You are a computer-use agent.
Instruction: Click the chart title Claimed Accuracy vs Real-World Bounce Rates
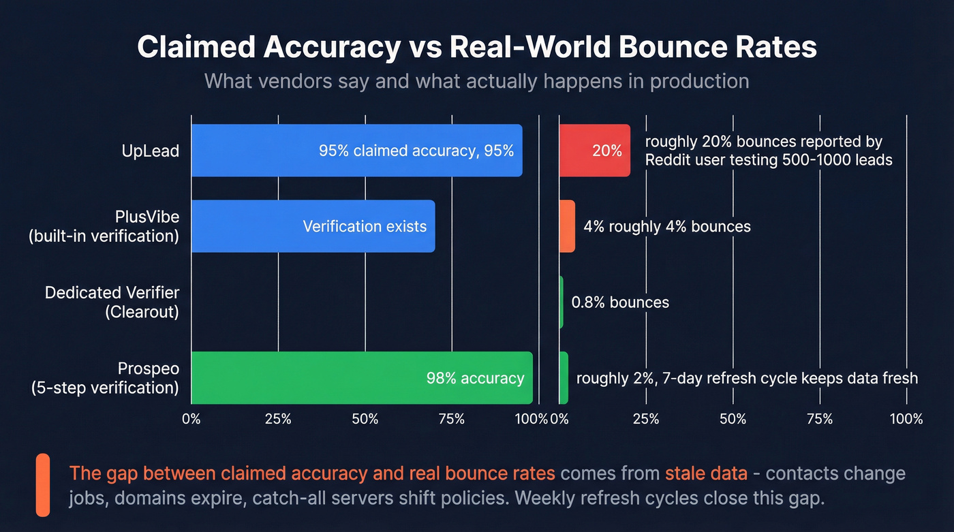pyautogui.click(x=477, y=48)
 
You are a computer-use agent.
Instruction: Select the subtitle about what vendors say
pyautogui.click(x=477, y=81)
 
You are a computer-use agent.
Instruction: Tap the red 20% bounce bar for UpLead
pyautogui.click(x=594, y=151)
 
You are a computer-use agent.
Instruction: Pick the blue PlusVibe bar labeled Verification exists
pyautogui.click(x=313, y=226)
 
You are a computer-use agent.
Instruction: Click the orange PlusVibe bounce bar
pyautogui.click(x=567, y=226)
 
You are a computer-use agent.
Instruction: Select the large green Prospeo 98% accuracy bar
pyautogui.click(x=362, y=378)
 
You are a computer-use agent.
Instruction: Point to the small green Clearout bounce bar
pyautogui.click(x=561, y=302)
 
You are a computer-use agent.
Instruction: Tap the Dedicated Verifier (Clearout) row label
pyautogui.click(x=112, y=302)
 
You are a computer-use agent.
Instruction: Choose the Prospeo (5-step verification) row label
pyautogui.click(x=105, y=378)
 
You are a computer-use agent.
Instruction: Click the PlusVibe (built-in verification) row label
pyautogui.click(x=104, y=226)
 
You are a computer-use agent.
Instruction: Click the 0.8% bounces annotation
pyautogui.click(x=620, y=302)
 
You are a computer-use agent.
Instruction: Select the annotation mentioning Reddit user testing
pyautogui.click(x=768, y=151)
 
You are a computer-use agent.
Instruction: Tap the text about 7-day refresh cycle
pyautogui.click(x=747, y=378)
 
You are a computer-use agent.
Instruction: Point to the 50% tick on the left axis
pyautogui.click(x=365, y=419)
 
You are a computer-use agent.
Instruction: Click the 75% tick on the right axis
pyautogui.click(x=819, y=419)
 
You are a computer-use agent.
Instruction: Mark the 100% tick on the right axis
pyautogui.click(x=906, y=419)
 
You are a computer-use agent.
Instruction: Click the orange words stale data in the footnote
pyautogui.click(x=706, y=473)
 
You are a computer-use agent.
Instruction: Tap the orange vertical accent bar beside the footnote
pyautogui.click(x=43, y=484)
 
